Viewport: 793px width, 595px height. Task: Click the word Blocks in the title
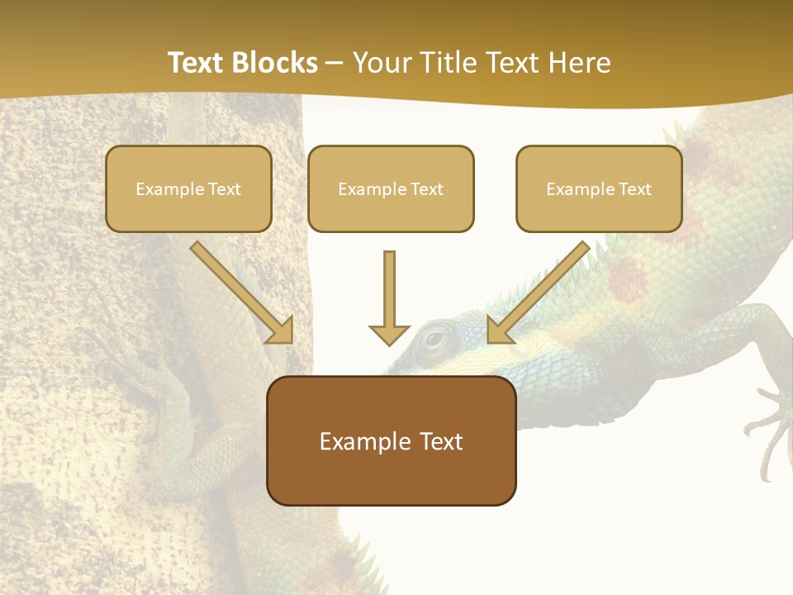click(x=278, y=63)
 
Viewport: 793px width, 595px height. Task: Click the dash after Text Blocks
click(x=335, y=64)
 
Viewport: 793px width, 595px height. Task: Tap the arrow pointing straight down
click(x=389, y=297)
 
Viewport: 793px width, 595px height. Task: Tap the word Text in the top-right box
click(x=634, y=189)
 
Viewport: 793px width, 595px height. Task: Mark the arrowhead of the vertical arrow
click(x=389, y=334)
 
